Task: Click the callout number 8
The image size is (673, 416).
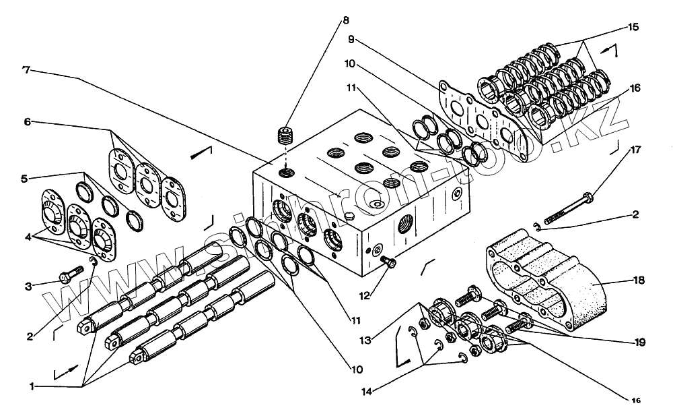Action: pos(345,20)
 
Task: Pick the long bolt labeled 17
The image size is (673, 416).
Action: pos(568,208)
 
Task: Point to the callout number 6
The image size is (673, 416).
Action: pos(28,122)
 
